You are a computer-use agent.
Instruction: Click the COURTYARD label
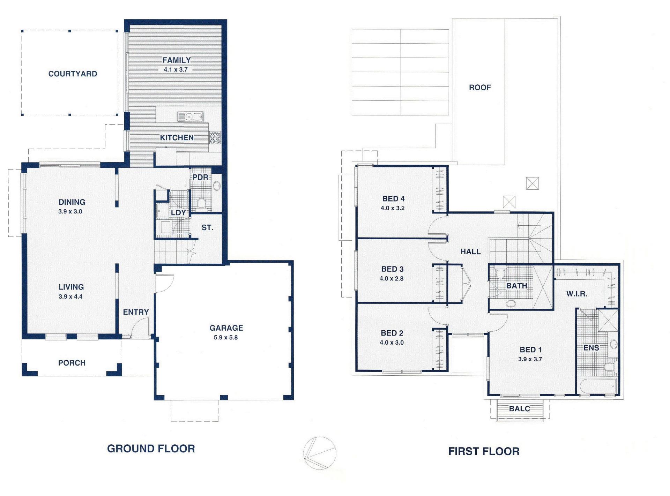pos(73,74)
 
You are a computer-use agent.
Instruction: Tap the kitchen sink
pos(190,117)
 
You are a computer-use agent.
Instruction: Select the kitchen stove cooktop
pos(215,137)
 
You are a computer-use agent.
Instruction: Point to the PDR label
pos(200,177)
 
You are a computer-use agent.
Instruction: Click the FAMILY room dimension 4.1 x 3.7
pos(176,69)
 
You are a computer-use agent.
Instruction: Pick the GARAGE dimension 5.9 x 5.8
pos(226,338)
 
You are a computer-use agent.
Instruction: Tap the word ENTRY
pos(136,312)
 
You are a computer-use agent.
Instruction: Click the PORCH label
pos(72,363)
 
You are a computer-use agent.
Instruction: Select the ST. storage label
pos(207,228)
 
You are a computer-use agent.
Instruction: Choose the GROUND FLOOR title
pos(151,449)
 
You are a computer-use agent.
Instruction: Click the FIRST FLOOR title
pos(484,451)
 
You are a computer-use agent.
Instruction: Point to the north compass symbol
pos(320,453)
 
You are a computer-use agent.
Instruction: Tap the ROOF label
pos(480,88)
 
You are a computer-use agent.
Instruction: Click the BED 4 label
pos(393,199)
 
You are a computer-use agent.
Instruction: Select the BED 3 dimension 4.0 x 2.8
pos(392,279)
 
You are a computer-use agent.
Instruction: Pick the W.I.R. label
pos(577,294)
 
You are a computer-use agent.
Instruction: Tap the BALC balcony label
pos(520,409)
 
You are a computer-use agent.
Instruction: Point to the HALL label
pos(470,251)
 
